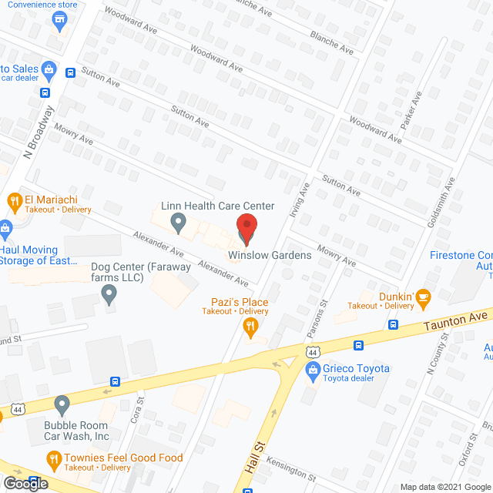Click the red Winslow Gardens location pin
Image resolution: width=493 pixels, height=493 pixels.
tap(245, 227)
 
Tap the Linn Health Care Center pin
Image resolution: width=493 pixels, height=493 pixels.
tap(179, 224)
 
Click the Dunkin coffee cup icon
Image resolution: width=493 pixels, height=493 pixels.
tap(422, 297)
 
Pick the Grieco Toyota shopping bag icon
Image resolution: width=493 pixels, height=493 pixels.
tap(313, 371)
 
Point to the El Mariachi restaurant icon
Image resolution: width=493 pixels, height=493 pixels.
tap(14, 203)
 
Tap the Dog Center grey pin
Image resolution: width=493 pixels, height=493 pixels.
tap(109, 293)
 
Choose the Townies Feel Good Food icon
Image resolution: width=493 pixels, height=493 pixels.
tap(53, 461)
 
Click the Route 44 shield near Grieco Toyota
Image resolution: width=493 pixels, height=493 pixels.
tap(312, 352)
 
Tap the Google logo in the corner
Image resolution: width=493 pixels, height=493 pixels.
tap(25, 483)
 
